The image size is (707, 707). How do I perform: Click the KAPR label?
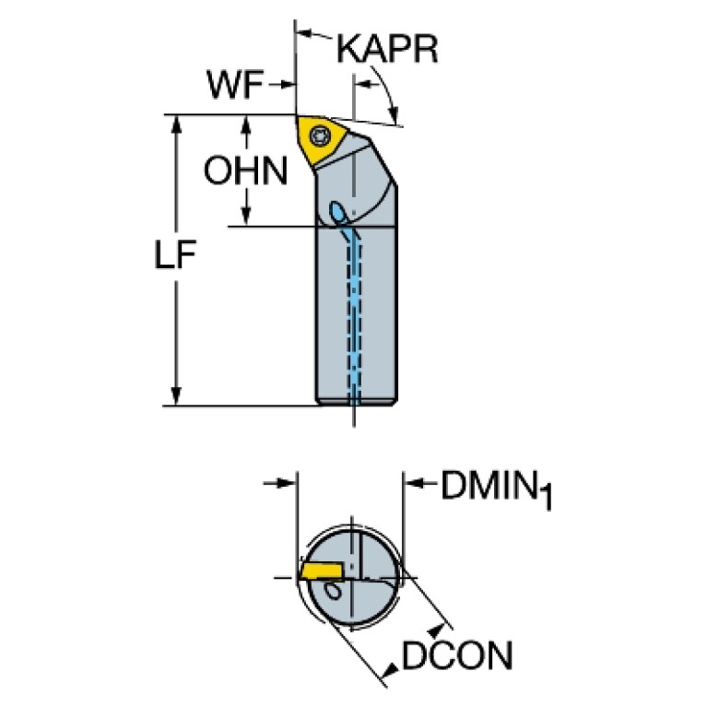pos(387,49)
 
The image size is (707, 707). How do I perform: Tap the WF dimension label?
pos(235,84)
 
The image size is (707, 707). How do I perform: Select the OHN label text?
pos(245,171)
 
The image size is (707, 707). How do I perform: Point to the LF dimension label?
pos(175,254)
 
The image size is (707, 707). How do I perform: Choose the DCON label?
pos(457,655)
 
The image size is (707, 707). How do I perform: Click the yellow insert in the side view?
pos(321,141)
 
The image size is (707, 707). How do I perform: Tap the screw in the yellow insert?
pos(319,135)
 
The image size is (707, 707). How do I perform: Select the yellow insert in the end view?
pos(321,570)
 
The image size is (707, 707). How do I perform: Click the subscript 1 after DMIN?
pos(546,498)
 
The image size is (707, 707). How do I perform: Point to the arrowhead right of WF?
pos(288,84)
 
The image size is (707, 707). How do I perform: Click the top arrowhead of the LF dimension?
pos(176,124)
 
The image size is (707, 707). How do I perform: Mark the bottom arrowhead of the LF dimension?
pos(176,395)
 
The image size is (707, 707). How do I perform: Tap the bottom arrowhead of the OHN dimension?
pos(246,217)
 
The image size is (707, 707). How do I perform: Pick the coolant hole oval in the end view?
pos(334,591)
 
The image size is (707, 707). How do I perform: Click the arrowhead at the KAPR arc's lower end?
pos(395,114)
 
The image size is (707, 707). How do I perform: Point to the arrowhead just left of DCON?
pos(390,670)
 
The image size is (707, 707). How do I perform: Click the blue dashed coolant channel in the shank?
pos(354,315)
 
